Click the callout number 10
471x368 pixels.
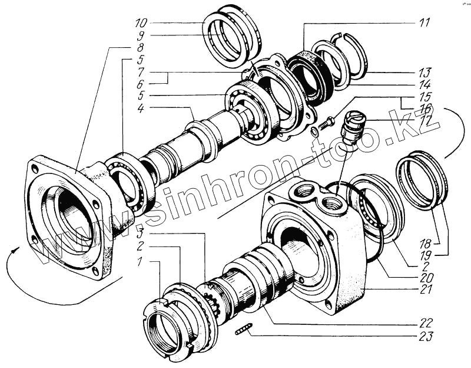point(140,24)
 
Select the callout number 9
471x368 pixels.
point(140,35)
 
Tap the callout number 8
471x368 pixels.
point(140,47)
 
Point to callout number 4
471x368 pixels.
point(140,109)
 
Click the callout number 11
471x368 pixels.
point(424,23)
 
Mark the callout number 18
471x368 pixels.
point(424,242)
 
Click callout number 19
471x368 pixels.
point(424,254)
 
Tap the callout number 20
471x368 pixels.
point(424,278)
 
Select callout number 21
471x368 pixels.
point(424,290)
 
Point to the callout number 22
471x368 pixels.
point(424,323)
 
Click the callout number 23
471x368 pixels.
point(424,337)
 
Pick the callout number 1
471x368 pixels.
point(140,261)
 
